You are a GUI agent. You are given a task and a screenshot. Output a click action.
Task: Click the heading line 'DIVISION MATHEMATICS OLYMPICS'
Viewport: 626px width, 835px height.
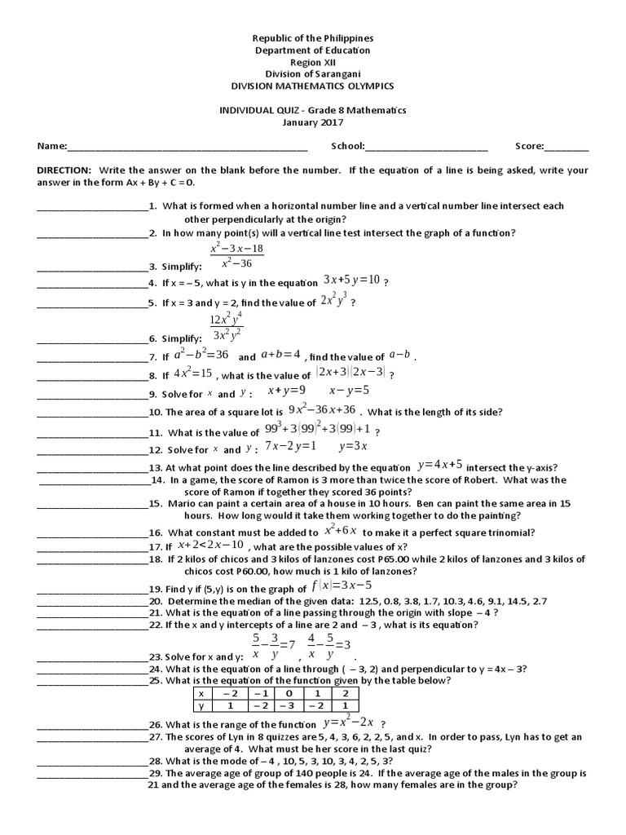click(x=313, y=86)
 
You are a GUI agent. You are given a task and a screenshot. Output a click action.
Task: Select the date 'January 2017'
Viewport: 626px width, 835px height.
click(x=313, y=122)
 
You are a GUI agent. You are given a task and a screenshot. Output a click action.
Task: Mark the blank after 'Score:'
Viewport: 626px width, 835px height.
click(x=566, y=148)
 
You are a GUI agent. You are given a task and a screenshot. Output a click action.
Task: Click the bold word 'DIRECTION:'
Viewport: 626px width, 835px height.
click(x=64, y=170)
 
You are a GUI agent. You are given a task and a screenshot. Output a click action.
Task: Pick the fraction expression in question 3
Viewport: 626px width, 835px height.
click(x=236, y=255)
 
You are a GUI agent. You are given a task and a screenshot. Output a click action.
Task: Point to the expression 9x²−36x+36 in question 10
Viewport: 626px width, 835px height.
click(x=323, y=409)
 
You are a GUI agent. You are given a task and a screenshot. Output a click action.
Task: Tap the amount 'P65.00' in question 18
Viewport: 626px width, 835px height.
click(x=391, y=559)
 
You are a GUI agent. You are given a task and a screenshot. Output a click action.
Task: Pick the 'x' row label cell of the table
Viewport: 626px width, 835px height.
click(x=201, y=692)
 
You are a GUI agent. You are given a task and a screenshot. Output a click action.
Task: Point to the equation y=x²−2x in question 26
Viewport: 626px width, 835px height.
click(x=349, y=722)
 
